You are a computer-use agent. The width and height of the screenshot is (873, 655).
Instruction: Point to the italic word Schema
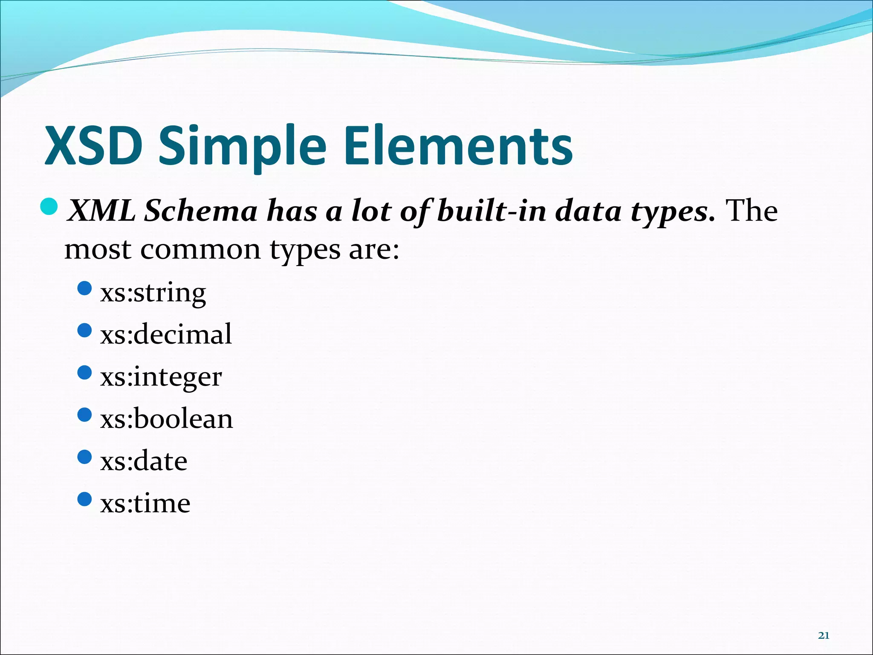pos(200,211)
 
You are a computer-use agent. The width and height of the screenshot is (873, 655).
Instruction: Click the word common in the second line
pos(200,249)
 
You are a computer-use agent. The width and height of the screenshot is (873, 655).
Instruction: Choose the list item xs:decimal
pos(166,334)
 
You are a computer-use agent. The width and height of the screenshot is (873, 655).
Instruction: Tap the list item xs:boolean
pos(167,419)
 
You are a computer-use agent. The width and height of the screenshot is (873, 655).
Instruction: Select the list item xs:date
pos(144,461)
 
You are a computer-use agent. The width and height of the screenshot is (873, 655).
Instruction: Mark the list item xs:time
pos(145,503)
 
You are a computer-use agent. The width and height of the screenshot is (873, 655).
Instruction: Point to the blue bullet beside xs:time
pos(85,499)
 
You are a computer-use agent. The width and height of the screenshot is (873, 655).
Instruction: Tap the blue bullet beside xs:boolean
pos(85,414)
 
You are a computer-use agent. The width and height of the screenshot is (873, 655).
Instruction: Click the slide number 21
pos(824,636)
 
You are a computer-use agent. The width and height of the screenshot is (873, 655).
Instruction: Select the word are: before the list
pos(374,249)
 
